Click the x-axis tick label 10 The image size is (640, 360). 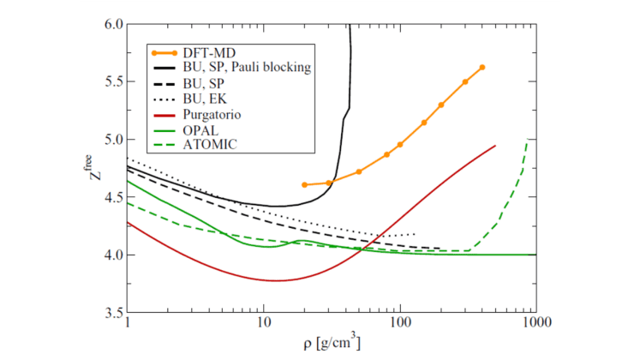(x=263, y=326)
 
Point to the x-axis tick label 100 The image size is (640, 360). (x=399, y=326)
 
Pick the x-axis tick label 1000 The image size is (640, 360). (x=535, y=326)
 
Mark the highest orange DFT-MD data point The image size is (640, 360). (x=482, y=67)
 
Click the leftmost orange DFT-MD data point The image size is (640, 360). (x=305, y=184)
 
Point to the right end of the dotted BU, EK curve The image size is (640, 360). (x=416, y=234)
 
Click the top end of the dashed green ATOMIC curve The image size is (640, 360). (x=528, y=140)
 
